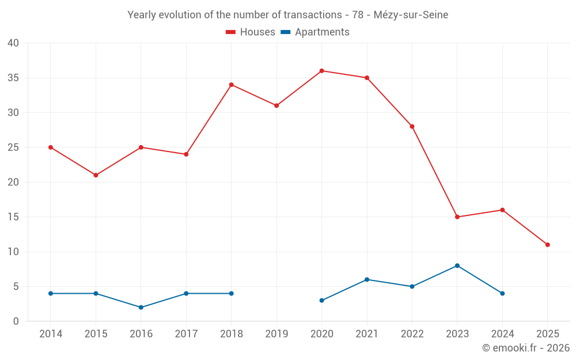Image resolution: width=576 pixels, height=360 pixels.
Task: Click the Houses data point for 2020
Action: click(321, 71)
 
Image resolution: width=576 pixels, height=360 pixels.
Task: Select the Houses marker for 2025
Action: click(547, 245)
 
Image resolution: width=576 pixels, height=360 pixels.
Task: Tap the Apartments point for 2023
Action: click(457, 266)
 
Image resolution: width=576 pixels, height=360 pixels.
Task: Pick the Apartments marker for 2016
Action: click(141, 308)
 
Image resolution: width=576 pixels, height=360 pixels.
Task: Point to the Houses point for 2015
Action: click(96, 175)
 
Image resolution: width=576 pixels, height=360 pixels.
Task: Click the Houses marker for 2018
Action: click(232, 85)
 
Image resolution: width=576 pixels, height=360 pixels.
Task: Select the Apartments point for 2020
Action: click(321, 301)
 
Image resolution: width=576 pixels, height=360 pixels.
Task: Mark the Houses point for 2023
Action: click(457, 217)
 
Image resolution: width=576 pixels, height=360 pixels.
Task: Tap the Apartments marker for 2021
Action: click(367, 279)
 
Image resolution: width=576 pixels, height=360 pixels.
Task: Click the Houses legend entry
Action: click(251, 32)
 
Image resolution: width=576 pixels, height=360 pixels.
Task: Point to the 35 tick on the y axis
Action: click(13, 78)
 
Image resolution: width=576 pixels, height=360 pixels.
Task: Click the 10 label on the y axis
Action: click(13, 252)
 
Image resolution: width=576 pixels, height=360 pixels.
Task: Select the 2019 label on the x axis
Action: click(276, 334)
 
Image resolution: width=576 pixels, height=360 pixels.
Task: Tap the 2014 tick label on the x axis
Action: click(51, 334)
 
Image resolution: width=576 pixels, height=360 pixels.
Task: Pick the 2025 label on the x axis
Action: click(547, 334)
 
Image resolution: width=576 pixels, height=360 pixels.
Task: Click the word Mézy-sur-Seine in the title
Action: click(411, 15)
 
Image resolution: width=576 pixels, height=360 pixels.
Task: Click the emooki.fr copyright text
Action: click(525, 348)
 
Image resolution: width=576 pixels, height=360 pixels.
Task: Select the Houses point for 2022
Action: click(412, 127)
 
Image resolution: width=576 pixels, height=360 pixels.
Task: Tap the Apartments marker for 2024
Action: click(502, 294)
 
